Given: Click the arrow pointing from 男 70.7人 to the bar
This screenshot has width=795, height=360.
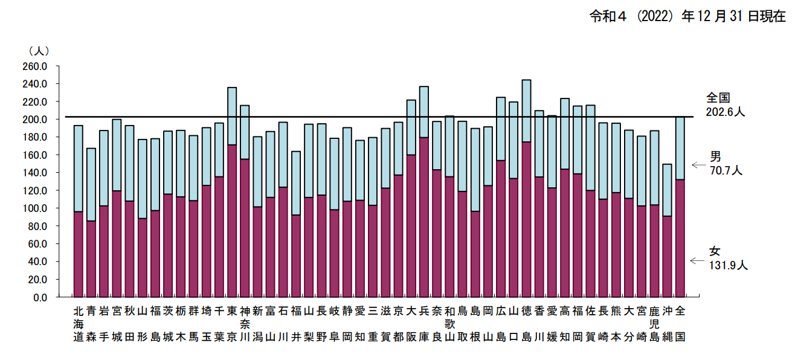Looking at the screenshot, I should tap(699, 164).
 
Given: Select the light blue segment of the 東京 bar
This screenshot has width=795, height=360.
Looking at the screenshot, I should tap(232, 116).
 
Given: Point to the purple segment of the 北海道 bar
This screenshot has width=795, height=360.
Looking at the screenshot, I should tap(78, 254).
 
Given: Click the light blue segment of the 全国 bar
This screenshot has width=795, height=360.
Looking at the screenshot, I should tap(680, 148).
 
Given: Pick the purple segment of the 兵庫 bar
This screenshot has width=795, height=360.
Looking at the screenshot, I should tap(424, 217).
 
